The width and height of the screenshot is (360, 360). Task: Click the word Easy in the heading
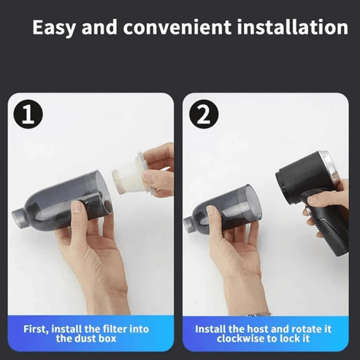coord(55,28)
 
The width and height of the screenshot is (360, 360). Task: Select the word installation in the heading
coord(293,27)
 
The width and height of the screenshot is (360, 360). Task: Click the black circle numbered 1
coord(28,114)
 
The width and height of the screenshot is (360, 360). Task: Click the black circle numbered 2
coord(204,114)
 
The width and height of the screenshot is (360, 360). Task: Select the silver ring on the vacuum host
coord(329,167)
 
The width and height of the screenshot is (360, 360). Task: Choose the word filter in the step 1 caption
coord(115,329)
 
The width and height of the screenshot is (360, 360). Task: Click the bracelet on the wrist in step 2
coord(260,314)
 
